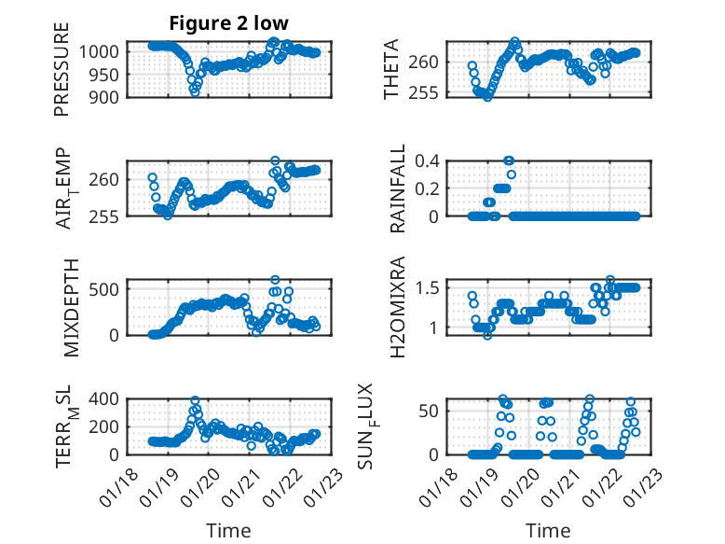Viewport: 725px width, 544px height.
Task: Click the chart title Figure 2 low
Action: point(228,23)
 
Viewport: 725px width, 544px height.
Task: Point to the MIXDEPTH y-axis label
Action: point(62,307)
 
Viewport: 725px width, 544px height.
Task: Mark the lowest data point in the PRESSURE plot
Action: point(195,91)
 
